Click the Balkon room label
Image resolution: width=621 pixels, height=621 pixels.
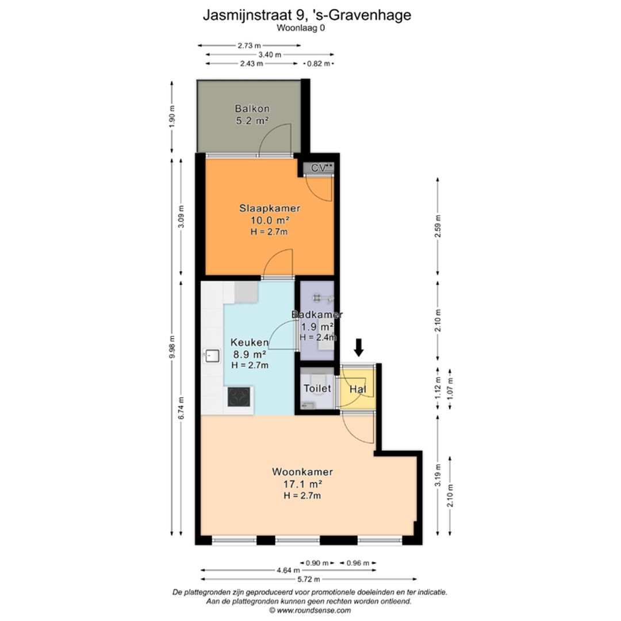point(252,108)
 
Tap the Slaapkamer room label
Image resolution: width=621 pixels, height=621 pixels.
point(269,208)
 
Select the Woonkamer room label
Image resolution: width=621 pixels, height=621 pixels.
point(302,471)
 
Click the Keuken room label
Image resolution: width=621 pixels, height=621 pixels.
point(250,342)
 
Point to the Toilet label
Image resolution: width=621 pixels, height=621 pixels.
point(317,388)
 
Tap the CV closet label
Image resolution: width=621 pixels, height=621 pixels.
point(319,168)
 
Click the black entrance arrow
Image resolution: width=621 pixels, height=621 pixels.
point(359,347)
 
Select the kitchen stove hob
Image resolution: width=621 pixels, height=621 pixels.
point(239,397)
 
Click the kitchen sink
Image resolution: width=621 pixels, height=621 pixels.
point(212,356)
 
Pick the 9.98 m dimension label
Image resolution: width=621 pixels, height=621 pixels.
point(172,347)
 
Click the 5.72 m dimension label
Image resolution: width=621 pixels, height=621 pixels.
point(309,580)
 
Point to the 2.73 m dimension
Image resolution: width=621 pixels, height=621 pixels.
point(249,45)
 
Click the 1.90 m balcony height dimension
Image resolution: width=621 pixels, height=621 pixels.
point(172,117)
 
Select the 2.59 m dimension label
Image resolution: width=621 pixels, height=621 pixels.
point(438,226)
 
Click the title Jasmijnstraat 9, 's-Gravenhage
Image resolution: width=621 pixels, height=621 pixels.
point(307,15)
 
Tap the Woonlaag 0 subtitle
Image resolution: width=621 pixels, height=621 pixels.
point(301,28)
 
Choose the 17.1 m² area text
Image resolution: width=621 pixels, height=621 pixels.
point(302,484)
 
